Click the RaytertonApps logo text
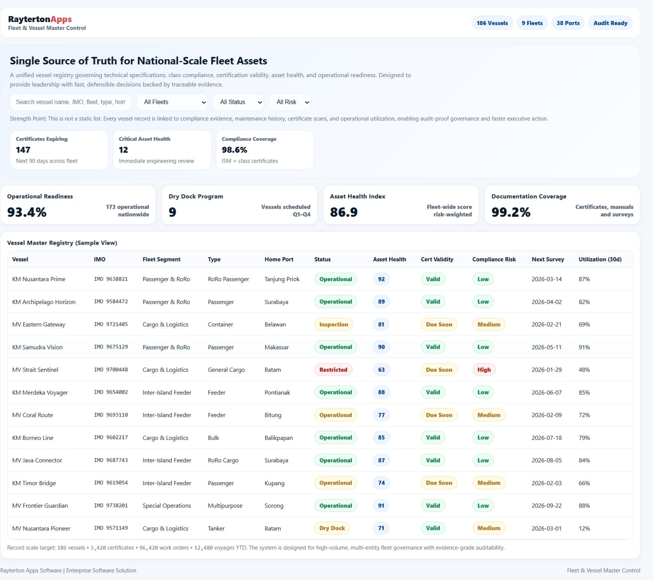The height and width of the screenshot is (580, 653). [40, 19]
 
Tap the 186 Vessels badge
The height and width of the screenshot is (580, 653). [492, 23]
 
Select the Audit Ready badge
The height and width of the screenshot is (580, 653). [610, 23]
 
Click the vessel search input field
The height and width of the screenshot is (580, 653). [71, 102]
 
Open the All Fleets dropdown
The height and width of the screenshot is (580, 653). [172, 102]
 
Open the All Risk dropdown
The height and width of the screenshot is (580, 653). [290, 102]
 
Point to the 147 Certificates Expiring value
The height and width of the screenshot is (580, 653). [23, 150]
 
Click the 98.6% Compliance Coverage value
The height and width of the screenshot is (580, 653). [234, 150]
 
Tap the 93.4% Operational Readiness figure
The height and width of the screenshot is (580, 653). [27, 212]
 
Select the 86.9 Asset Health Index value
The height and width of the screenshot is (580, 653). [344, 212]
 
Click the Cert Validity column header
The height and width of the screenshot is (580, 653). [437, 259]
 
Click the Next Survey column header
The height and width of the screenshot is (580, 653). [547, 259]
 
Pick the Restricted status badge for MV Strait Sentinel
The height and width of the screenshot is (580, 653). [333, 370]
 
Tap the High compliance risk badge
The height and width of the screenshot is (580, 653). [484, 370]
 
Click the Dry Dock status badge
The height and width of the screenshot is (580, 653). [332, 528]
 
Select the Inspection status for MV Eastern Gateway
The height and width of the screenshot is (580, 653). [333, 324]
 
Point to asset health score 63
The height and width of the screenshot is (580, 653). [381, 370]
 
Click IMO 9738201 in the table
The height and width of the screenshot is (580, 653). [111, 506]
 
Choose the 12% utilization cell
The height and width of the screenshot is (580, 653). [584, 528]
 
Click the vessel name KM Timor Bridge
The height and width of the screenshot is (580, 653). [34, 483]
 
